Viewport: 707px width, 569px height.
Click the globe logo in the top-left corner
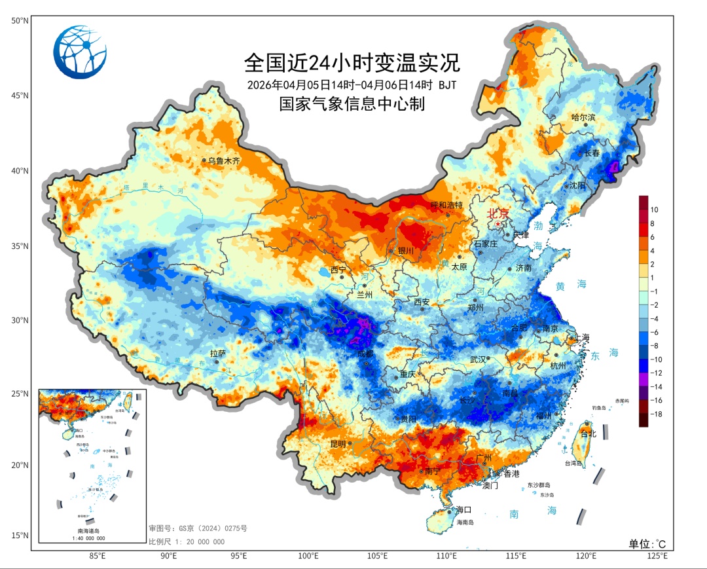tap(79, 52)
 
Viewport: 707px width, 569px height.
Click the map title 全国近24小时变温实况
tap(352, 64)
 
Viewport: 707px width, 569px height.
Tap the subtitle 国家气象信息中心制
tap(352, 104)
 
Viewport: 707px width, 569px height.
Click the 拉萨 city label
tap(218, 354)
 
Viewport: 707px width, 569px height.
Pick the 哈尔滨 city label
tap(583, 118)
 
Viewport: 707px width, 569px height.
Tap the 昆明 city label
tap(338, 444)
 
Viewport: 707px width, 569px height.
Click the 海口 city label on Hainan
tap(463, 509)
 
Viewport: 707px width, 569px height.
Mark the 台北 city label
tap(589, 434)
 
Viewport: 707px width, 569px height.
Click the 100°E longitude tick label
tap(308, 556)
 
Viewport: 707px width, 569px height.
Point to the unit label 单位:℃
tap(647, 544)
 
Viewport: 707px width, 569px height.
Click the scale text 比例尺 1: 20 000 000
tap(187, 541)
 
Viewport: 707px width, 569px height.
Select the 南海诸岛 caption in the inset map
tap(91, 530)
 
